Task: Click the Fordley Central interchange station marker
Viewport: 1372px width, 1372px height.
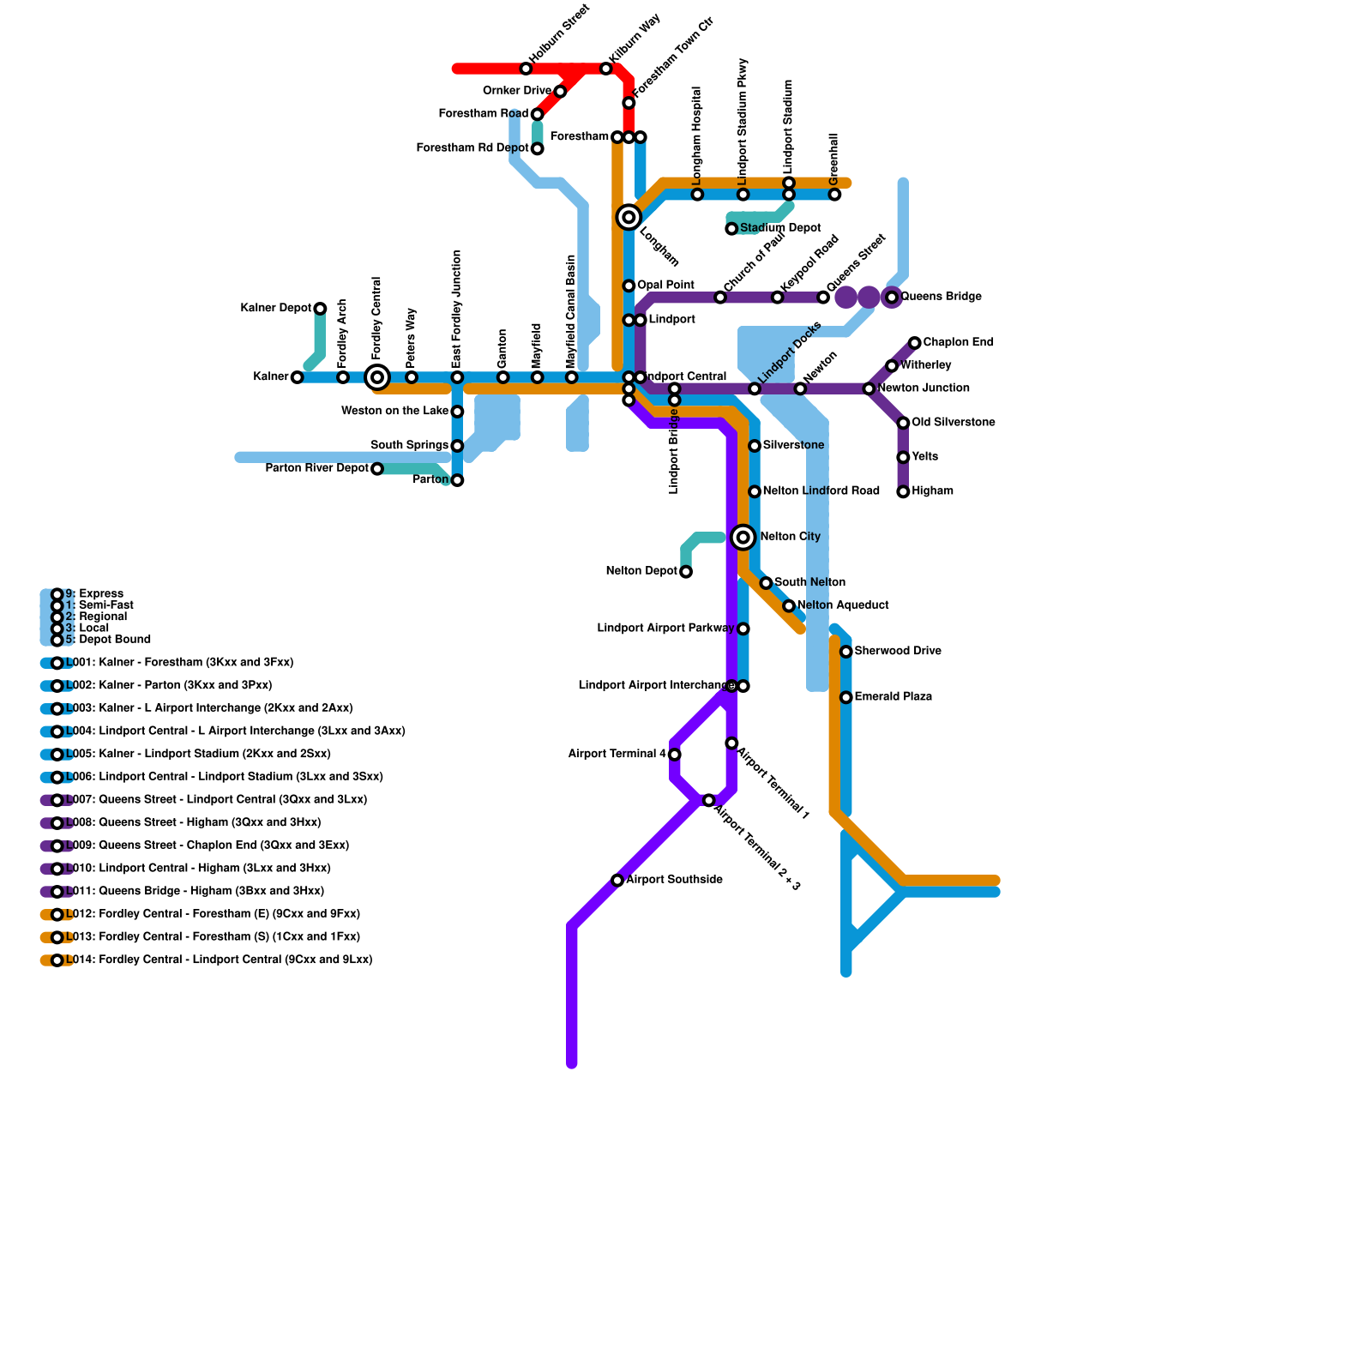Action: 377,377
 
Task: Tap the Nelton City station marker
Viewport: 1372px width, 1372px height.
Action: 743,538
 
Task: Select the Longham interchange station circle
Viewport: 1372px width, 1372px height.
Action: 629,218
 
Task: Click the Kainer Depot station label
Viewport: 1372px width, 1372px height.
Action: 275,308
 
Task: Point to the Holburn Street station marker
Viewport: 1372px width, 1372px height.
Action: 526,69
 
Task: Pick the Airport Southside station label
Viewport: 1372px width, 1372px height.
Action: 674,880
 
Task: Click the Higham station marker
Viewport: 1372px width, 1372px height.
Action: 903,492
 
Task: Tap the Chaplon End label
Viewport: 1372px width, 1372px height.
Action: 958,343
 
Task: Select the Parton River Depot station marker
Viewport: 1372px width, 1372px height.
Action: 377,469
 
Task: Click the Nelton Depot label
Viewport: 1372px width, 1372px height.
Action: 641,571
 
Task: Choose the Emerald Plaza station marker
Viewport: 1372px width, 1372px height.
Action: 846,698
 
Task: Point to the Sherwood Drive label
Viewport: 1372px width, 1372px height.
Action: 897,652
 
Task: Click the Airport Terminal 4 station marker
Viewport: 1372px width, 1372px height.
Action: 675,755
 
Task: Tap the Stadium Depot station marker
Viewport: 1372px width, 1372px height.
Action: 731,229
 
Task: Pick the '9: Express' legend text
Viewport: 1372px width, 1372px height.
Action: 94,594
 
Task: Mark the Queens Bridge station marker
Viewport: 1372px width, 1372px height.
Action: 892,298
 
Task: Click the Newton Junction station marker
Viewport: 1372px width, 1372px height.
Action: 869,389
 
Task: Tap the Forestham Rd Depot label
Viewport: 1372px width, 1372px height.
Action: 472,148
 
